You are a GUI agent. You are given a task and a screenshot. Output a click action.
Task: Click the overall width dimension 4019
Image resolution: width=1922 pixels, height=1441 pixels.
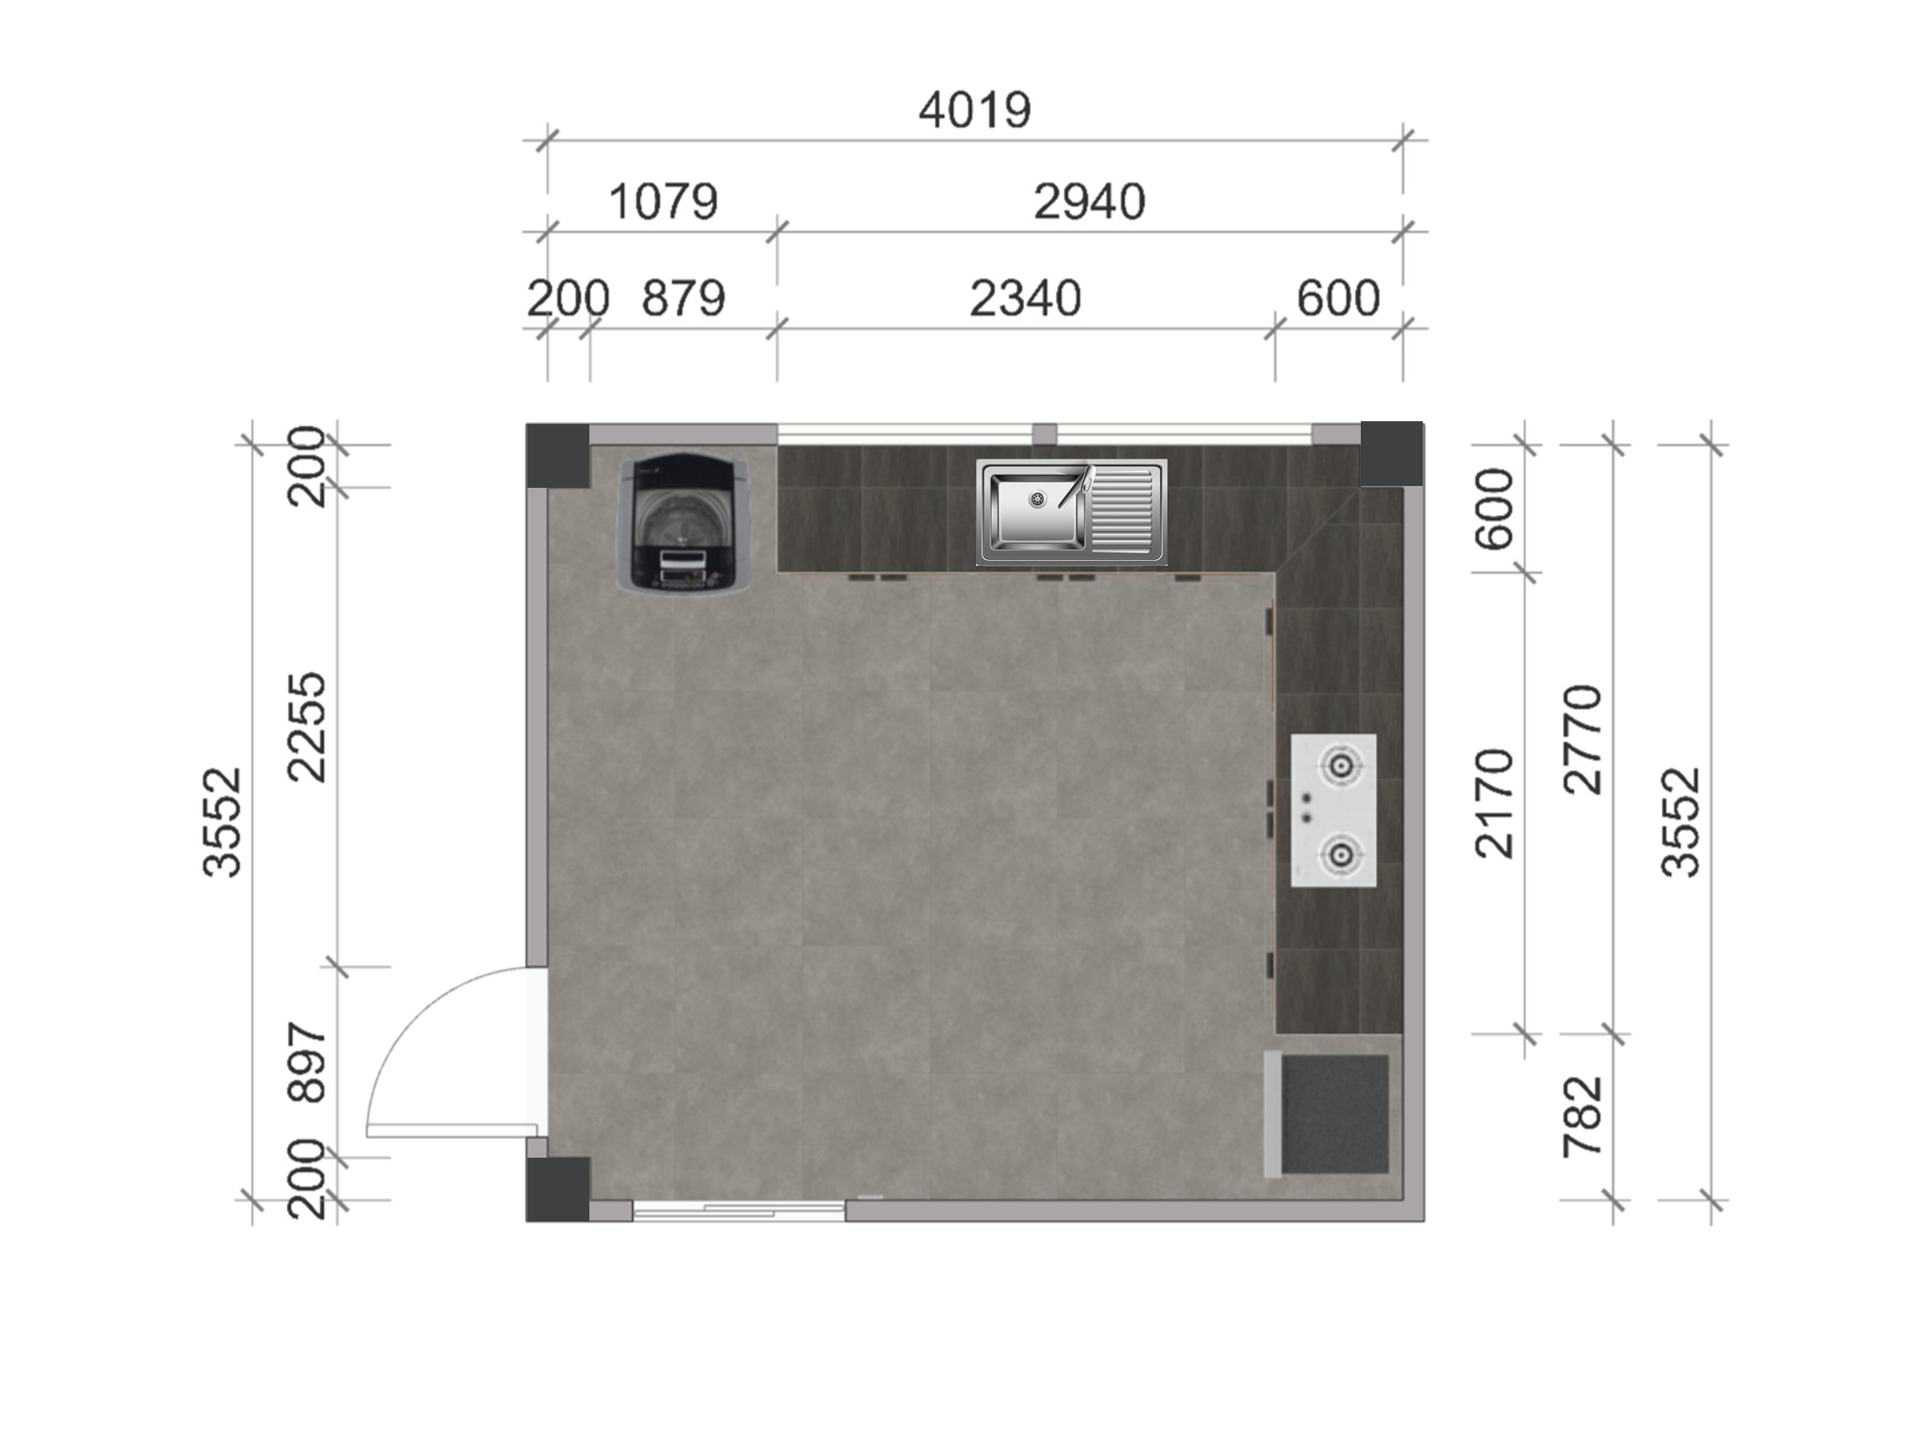974,111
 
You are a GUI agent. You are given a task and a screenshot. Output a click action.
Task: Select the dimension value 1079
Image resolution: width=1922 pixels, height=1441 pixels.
664,202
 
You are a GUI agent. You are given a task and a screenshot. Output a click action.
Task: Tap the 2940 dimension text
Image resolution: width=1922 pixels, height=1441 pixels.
1089,202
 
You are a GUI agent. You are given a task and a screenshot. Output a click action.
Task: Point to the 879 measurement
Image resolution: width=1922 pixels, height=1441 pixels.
683,298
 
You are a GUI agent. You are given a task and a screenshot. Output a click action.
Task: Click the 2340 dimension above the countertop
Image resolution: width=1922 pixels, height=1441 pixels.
1025,298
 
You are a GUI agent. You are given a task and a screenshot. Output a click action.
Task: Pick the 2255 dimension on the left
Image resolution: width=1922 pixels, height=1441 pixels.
308,727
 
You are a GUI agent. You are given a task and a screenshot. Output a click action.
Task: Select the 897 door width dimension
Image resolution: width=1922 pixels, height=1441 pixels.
308,1062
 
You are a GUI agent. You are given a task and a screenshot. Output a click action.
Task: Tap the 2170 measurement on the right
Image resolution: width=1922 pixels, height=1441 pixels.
1495,803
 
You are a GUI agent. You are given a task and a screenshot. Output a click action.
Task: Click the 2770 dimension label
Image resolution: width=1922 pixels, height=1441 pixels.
1583,739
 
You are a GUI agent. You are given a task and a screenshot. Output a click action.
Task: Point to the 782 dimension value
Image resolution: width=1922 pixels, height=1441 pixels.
1583,1116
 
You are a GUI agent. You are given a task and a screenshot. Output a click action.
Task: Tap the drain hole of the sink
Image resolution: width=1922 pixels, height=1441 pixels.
1037,499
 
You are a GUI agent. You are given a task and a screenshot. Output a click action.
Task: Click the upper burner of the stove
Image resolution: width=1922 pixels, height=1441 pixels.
1341,766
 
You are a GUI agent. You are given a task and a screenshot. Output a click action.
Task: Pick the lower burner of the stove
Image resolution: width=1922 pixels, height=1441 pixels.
1341,854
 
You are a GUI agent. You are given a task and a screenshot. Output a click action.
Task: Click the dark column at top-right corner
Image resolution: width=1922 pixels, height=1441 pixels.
1391,454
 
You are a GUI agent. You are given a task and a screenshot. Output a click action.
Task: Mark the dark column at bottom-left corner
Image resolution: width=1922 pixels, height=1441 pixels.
557,1189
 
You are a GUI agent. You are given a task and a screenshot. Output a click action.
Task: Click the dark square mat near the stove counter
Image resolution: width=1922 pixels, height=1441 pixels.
1335,1115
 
